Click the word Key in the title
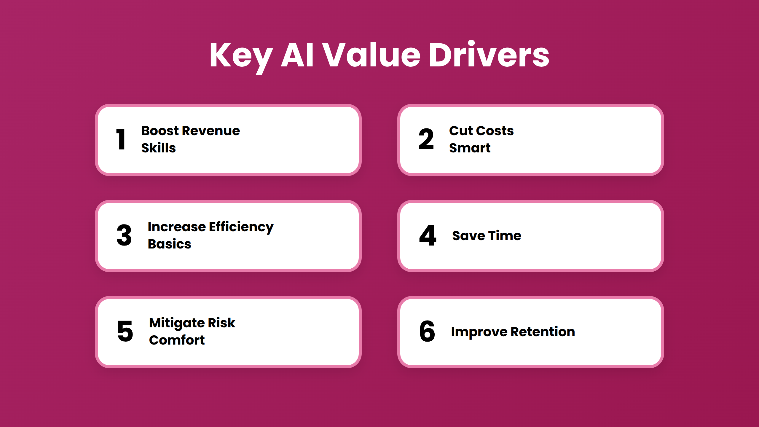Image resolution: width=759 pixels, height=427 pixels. [241, 56]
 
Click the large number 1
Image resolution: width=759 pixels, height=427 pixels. [121, 139]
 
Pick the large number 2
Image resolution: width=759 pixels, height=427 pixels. [426, 139]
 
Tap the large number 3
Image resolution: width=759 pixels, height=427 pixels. [124, 235]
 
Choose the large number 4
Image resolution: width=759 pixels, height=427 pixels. [428, 235]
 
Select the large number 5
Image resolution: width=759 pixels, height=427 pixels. [125, 331]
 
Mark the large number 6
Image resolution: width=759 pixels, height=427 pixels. [427, 331]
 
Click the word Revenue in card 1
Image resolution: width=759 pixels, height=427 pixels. [211, 131]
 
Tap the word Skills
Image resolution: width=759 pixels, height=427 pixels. [159, 148]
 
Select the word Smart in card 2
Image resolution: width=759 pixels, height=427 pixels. [470, 148]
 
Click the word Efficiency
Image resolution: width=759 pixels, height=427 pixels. [241, 227]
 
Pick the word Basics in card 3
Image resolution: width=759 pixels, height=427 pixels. [170, 244]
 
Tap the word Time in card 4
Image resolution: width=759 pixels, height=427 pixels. [505, 236]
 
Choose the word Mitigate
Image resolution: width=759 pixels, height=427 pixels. [177, 323]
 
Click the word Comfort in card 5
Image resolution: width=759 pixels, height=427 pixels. [177, 340]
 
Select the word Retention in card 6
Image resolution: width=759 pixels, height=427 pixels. [543, 332]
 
